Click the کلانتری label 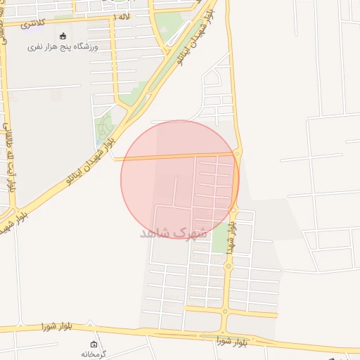[x=32, y=24]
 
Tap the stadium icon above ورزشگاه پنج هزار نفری [x=63, y=36]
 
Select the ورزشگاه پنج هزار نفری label [x=63, y=46]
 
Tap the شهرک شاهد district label [x=174, y=232]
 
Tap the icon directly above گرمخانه [x=94, y=344]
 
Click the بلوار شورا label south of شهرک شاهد [x=233, y=342]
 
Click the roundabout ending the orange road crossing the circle [x=238, y=153]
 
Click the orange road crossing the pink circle [x=176, y=156]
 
